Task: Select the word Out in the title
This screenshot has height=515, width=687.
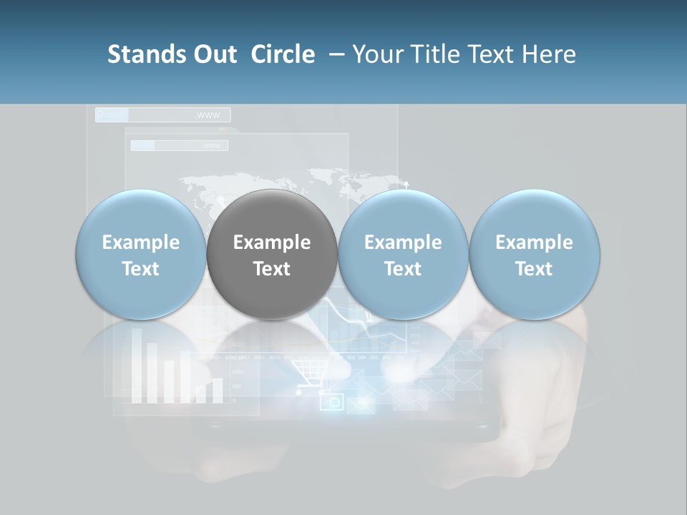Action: click(x=213, y=54)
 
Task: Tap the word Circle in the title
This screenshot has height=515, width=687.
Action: click(x=283, y=54)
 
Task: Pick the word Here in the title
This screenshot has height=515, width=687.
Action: click(x=549, y=54)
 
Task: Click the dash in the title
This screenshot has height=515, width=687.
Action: click(x=334, y=54)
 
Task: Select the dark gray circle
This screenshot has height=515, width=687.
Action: click(x=272, y=255)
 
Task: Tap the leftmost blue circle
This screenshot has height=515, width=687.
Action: click(x=140, y=255)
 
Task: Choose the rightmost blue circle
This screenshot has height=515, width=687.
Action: click(x=535, y=255)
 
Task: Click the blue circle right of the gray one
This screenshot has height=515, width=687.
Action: click(x=403, y=255)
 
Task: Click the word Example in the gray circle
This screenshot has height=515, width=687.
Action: click(x=272, y=242)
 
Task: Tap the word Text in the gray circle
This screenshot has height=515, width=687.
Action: click(x=272, y=269)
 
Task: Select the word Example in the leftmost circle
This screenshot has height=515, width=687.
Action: click(x=140, y=242)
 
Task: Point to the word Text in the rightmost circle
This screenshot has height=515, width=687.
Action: click(x=535, y=269)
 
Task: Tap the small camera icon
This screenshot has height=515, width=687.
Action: click(x=331, y=401)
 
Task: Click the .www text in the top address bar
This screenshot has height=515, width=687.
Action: click(x=208, y=115)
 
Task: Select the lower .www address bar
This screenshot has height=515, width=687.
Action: click(x=180, y=146)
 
